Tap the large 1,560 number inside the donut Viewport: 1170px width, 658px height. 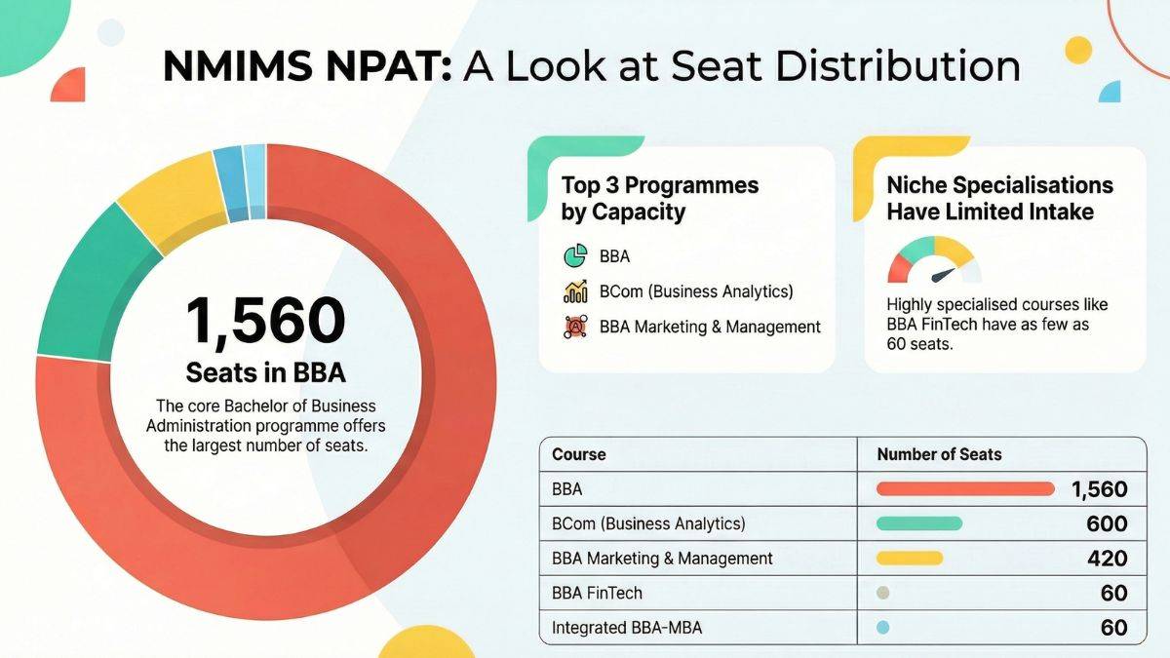point(266,321)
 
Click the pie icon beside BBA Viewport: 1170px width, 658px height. point(575,256)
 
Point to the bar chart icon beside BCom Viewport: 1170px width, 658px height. point(575,290)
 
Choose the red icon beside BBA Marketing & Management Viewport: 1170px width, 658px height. point(575,327)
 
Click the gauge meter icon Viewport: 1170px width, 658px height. point(934,260)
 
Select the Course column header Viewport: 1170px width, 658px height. point(578,454)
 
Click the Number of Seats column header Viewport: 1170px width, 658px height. point(939,454)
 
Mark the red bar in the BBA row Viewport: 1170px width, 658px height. point(966,489)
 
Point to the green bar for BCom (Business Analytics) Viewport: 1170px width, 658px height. point(919,523)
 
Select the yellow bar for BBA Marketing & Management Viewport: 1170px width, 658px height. point(910,559)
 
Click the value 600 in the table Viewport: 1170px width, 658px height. point(1107,523)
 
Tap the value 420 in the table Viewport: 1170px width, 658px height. point(1107,559)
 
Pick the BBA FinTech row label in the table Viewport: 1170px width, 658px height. point(597,593)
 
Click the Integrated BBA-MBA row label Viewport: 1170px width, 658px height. point(627,628)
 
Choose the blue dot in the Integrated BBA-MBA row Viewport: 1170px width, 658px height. point(883,628)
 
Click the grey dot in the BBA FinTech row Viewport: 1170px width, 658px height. point(883,593)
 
